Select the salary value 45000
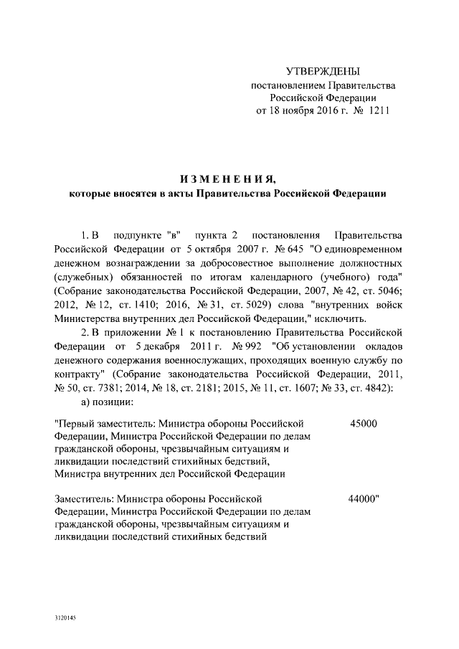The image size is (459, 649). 363,424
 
